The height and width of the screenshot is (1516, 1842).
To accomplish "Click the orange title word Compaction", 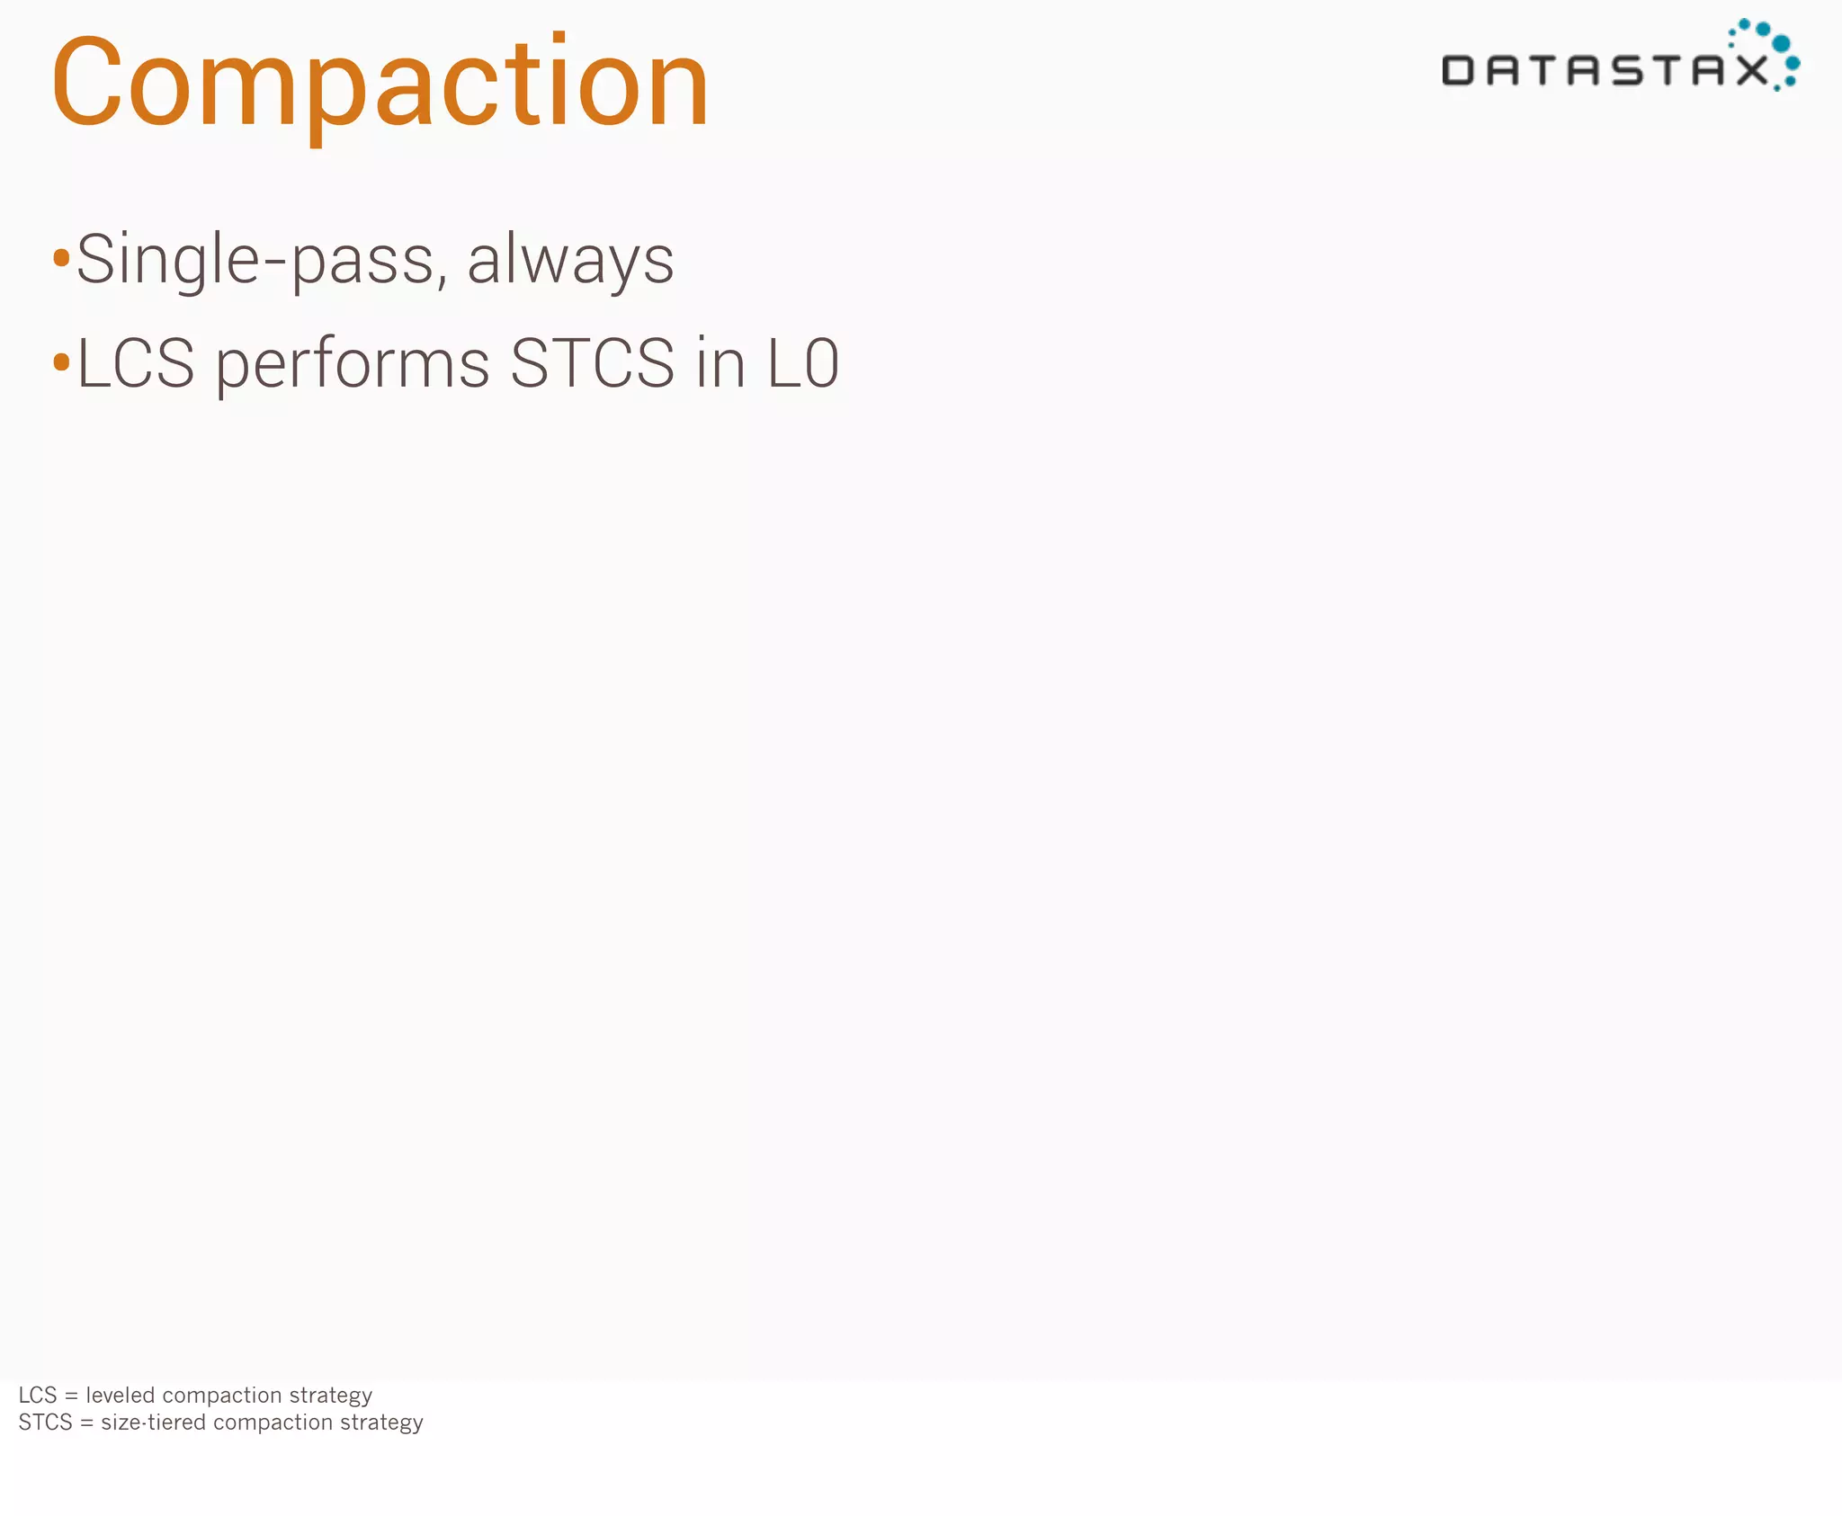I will (380, 83).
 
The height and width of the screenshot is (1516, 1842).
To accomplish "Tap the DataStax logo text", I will (1605, 70).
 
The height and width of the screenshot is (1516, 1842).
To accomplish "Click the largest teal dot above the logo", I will (1780, 44).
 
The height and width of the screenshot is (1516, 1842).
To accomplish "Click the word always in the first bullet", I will (570, 260).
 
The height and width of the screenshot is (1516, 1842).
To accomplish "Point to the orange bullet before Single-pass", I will (61, 259).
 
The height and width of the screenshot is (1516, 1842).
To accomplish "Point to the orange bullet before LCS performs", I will (61, 362).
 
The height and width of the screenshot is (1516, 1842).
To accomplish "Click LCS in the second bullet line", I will (136, 363).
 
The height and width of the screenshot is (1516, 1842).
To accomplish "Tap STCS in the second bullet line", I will (592, 363).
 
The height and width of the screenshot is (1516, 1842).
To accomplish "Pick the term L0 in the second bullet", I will (802, 363).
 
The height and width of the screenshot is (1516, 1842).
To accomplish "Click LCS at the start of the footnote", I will (38, 1395).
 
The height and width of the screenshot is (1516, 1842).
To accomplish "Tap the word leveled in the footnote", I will (121, 1395).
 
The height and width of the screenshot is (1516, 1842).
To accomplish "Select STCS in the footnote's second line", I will (45, 1422).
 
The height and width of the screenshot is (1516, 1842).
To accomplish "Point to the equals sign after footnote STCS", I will (86, 1422).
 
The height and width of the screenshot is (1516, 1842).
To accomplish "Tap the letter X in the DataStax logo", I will (1751, 70).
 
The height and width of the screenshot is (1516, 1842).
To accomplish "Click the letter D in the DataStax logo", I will (1458, 70).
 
